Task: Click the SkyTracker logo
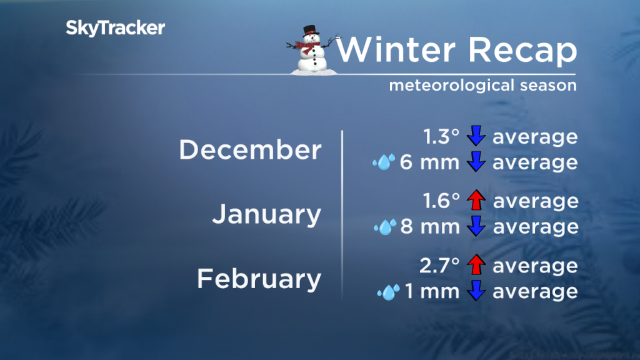coord(116,27)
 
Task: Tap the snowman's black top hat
coord(309,32)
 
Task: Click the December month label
coord(250,150)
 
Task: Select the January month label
coord(266,214)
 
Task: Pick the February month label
coord(259,279)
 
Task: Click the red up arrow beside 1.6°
coord(477,201)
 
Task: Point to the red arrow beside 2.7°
coord(477,266)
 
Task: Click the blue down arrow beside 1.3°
coord(477,137)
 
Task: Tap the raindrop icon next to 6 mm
coord(382,163)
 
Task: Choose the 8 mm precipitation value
coord(430,227)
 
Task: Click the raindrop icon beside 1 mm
coord(388,291)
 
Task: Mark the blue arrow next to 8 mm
coord(477,227)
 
